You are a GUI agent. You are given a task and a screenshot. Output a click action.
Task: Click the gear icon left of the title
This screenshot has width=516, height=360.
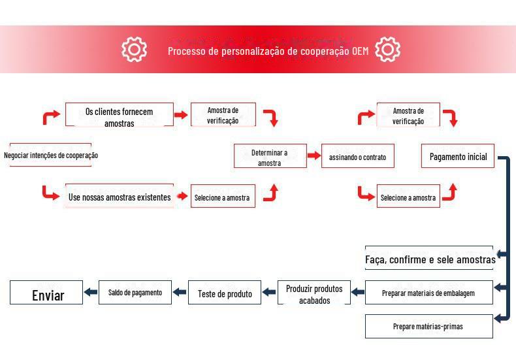point(135,49)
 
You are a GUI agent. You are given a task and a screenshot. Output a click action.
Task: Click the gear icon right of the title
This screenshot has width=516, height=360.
point(388,49)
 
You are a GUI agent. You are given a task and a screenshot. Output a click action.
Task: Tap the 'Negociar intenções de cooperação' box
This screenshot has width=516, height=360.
point(51,155)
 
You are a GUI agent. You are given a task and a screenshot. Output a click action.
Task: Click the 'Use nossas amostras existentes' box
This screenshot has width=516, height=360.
point(120,197)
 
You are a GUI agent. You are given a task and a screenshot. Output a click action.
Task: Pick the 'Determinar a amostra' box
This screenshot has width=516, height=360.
point(270,157)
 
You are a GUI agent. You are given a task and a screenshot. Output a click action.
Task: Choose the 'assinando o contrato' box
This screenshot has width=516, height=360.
point(357,157)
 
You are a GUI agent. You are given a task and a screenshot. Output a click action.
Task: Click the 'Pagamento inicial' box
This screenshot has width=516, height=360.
point(458,157)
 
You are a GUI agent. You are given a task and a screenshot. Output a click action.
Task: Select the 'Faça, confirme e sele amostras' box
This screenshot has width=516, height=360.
point(429,259)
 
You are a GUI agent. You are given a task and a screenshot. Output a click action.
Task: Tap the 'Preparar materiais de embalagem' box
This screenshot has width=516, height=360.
point(428,293)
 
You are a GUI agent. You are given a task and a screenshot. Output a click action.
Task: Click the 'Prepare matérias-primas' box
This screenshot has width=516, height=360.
point(428,326)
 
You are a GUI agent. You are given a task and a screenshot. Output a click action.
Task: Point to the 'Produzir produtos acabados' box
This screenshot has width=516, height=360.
point(314,293)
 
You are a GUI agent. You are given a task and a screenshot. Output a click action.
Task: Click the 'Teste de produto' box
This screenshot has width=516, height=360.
point(225,293)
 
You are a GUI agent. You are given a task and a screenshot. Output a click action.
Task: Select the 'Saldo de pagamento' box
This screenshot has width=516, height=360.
point(135,292)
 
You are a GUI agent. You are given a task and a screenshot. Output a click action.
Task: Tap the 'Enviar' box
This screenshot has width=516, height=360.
point(47,294)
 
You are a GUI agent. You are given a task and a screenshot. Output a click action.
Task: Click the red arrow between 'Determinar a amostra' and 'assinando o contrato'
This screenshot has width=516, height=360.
point(314,156)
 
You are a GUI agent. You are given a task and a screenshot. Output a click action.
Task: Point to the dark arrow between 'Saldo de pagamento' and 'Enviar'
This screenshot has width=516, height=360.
point(91,293)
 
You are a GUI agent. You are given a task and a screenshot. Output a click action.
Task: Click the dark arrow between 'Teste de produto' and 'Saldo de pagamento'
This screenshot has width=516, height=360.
point(180,293)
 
